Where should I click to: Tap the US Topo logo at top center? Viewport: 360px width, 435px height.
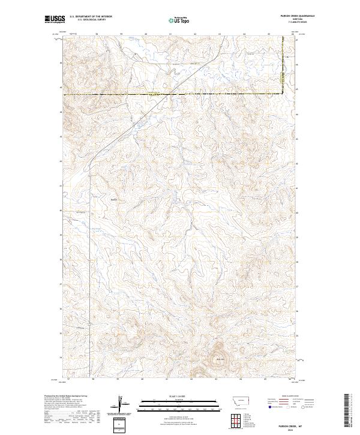pyautogui.click(x=180, y=20)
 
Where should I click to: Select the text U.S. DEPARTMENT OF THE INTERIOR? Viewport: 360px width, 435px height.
pyautogui.click(x=91, y=17)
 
